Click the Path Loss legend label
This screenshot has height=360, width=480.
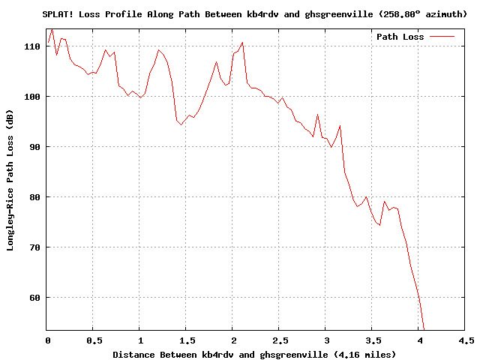coord(400,37)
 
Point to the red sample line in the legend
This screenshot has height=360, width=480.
coord(442,37)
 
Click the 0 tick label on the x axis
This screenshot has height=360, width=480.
coord(46,340)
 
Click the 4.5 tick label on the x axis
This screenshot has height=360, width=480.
coord(465,340)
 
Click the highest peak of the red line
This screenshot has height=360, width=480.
coord(52,30)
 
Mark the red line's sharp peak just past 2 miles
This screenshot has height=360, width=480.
coord(242,43)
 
